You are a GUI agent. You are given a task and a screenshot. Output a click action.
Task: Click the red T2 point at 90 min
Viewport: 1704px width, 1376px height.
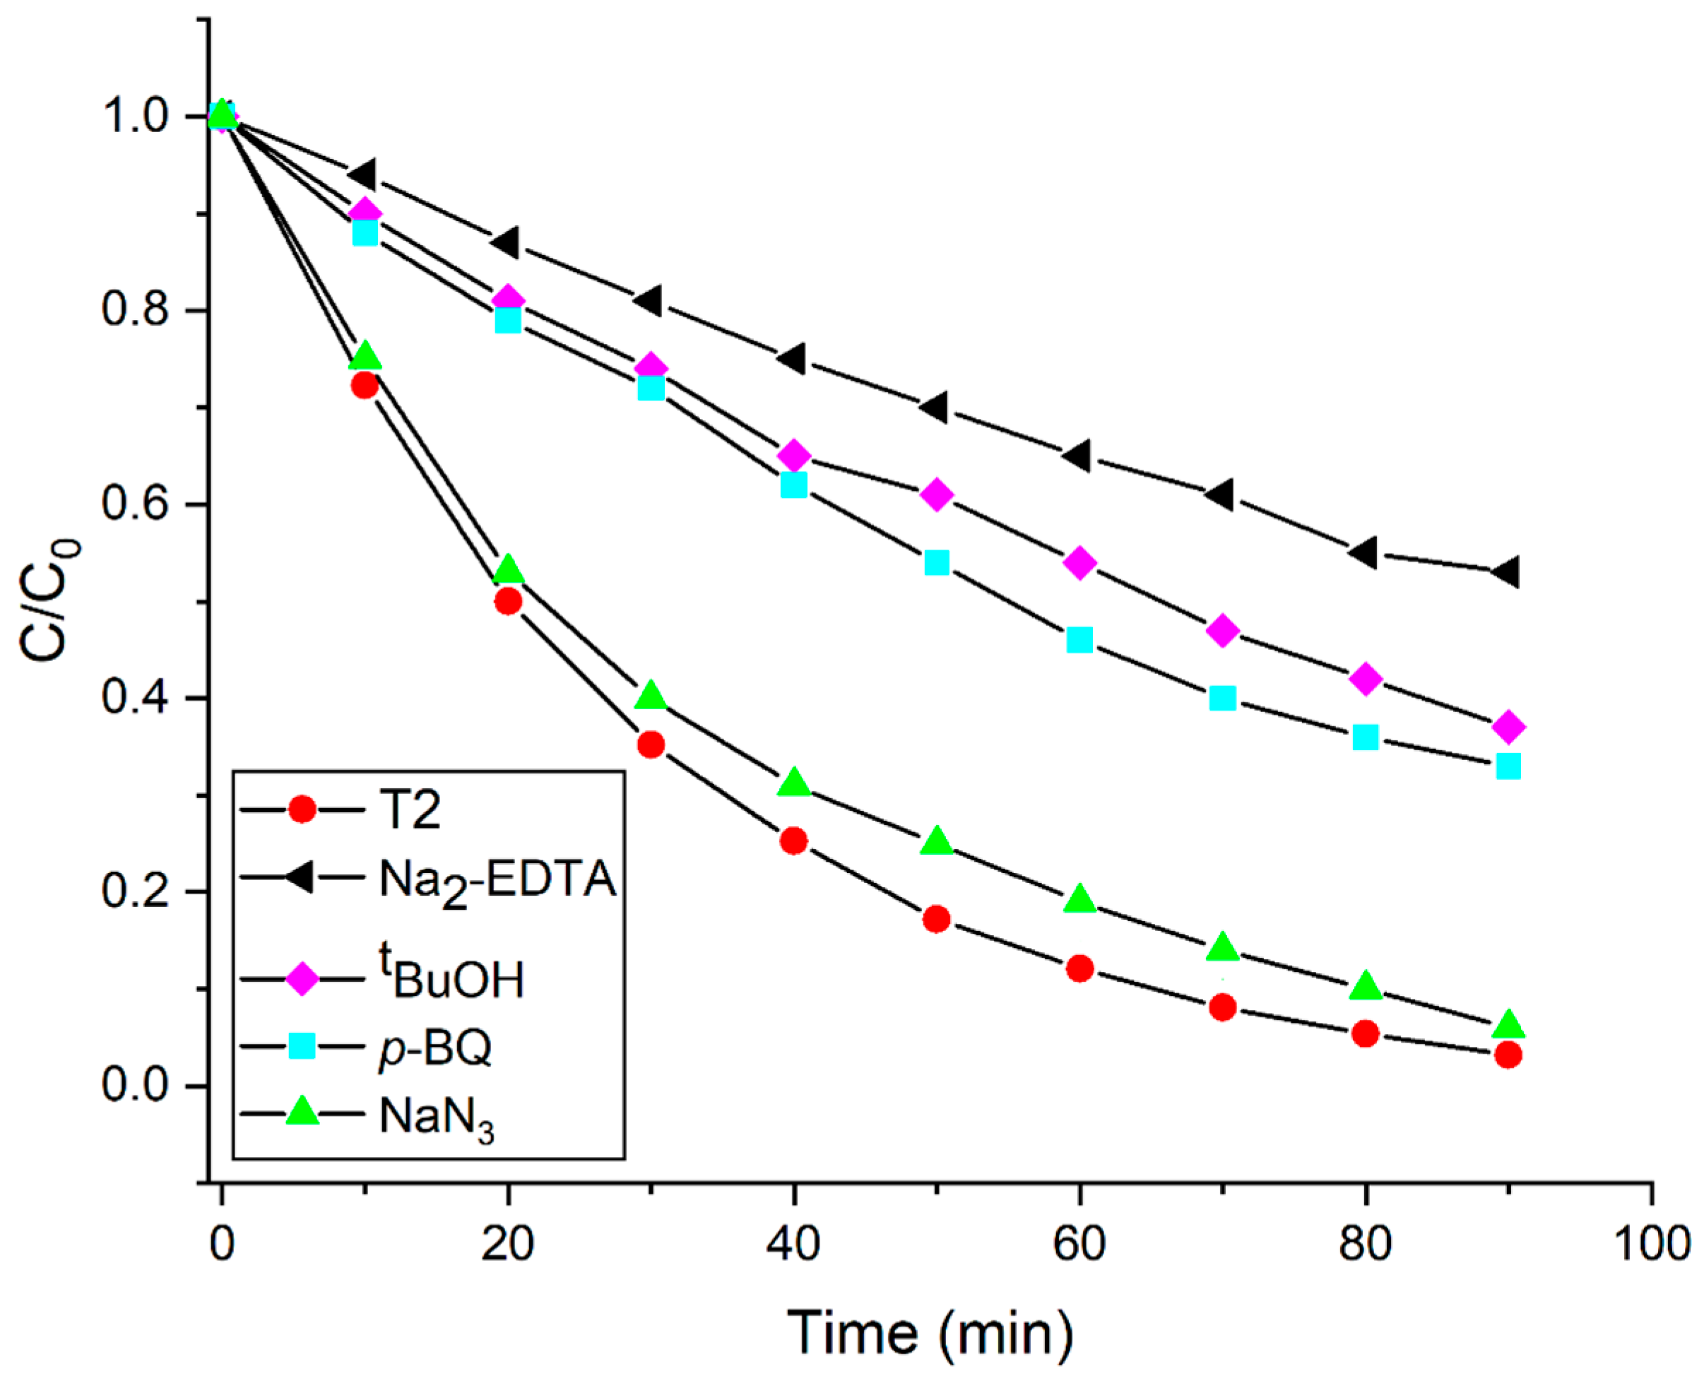(x=1508, y=1055)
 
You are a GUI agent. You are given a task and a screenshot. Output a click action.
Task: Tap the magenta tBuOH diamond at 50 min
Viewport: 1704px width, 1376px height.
(x=937, y=494)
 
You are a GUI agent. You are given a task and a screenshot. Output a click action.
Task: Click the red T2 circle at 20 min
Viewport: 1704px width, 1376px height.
(x=508, y=602)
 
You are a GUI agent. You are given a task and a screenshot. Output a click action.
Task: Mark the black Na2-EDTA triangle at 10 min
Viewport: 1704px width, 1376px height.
(x=362, y=174)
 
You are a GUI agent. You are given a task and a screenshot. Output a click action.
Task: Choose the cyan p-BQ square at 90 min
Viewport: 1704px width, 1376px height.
(x=1508, y=766)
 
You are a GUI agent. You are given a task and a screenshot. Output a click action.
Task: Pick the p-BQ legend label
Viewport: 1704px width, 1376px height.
(x=435, y=1050)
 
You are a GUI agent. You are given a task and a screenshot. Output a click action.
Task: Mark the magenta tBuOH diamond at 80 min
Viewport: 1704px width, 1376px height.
(x=1366, y=680)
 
